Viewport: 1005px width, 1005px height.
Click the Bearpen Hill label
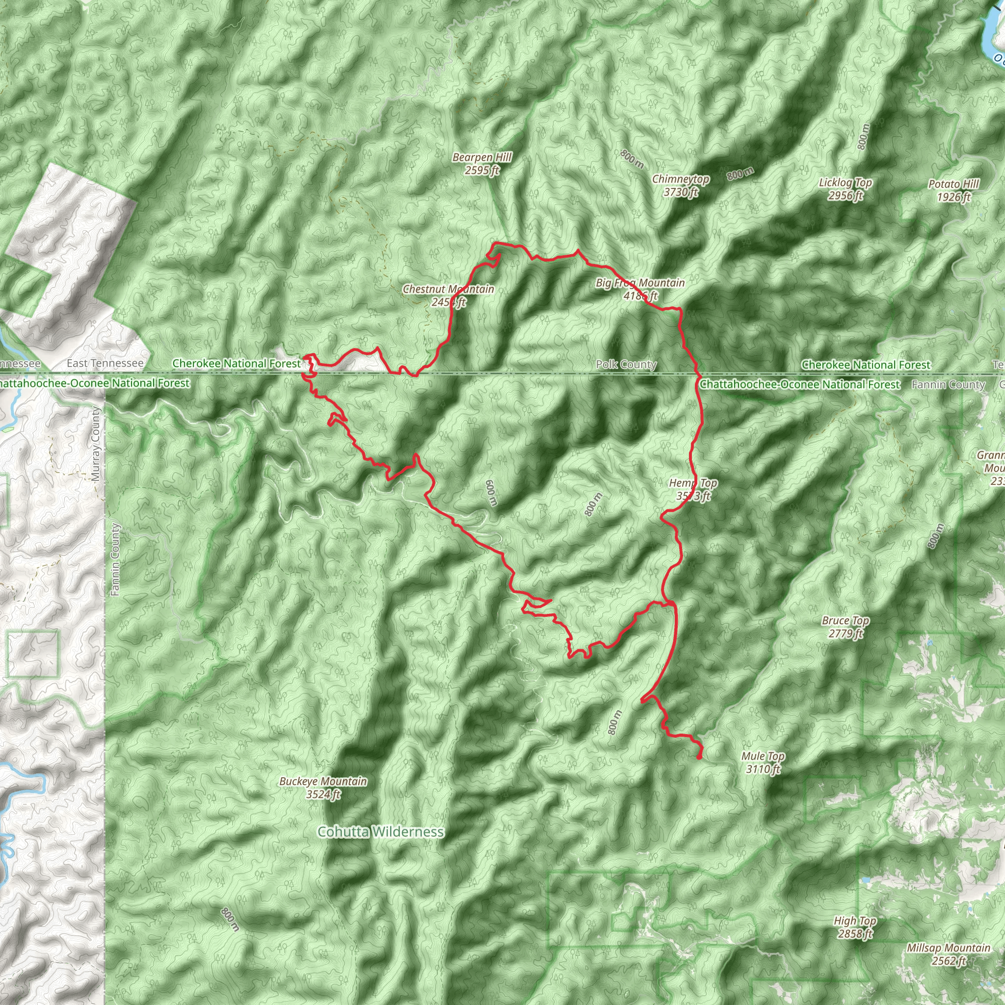(482, 163)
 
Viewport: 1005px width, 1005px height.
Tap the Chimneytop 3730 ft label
(681, 185)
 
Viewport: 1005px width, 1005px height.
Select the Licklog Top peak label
(845, 189)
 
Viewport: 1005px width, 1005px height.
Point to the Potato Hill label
(953, 190)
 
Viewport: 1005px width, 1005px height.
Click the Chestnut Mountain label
(449, 295)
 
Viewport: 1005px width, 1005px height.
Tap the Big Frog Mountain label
(640, 289)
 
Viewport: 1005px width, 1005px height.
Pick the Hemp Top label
(693, 489)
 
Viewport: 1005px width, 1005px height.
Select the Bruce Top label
(846, 627)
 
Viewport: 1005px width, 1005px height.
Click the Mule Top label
(763, 762)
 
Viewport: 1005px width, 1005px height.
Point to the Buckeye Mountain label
(323, 788)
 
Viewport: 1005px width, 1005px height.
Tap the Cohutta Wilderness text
(381, 832)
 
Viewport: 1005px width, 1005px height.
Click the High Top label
(855, 927)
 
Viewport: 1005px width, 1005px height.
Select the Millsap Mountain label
(948, 954)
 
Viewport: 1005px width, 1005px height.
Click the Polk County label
(626, 364)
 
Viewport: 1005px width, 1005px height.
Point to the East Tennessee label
(105, 363)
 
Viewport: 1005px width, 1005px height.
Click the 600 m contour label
(491, 492)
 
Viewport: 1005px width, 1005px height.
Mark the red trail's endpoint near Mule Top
(699, 757)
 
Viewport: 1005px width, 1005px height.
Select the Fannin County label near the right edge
(948, 384)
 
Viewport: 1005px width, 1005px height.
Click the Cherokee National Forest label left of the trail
(237, 363)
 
